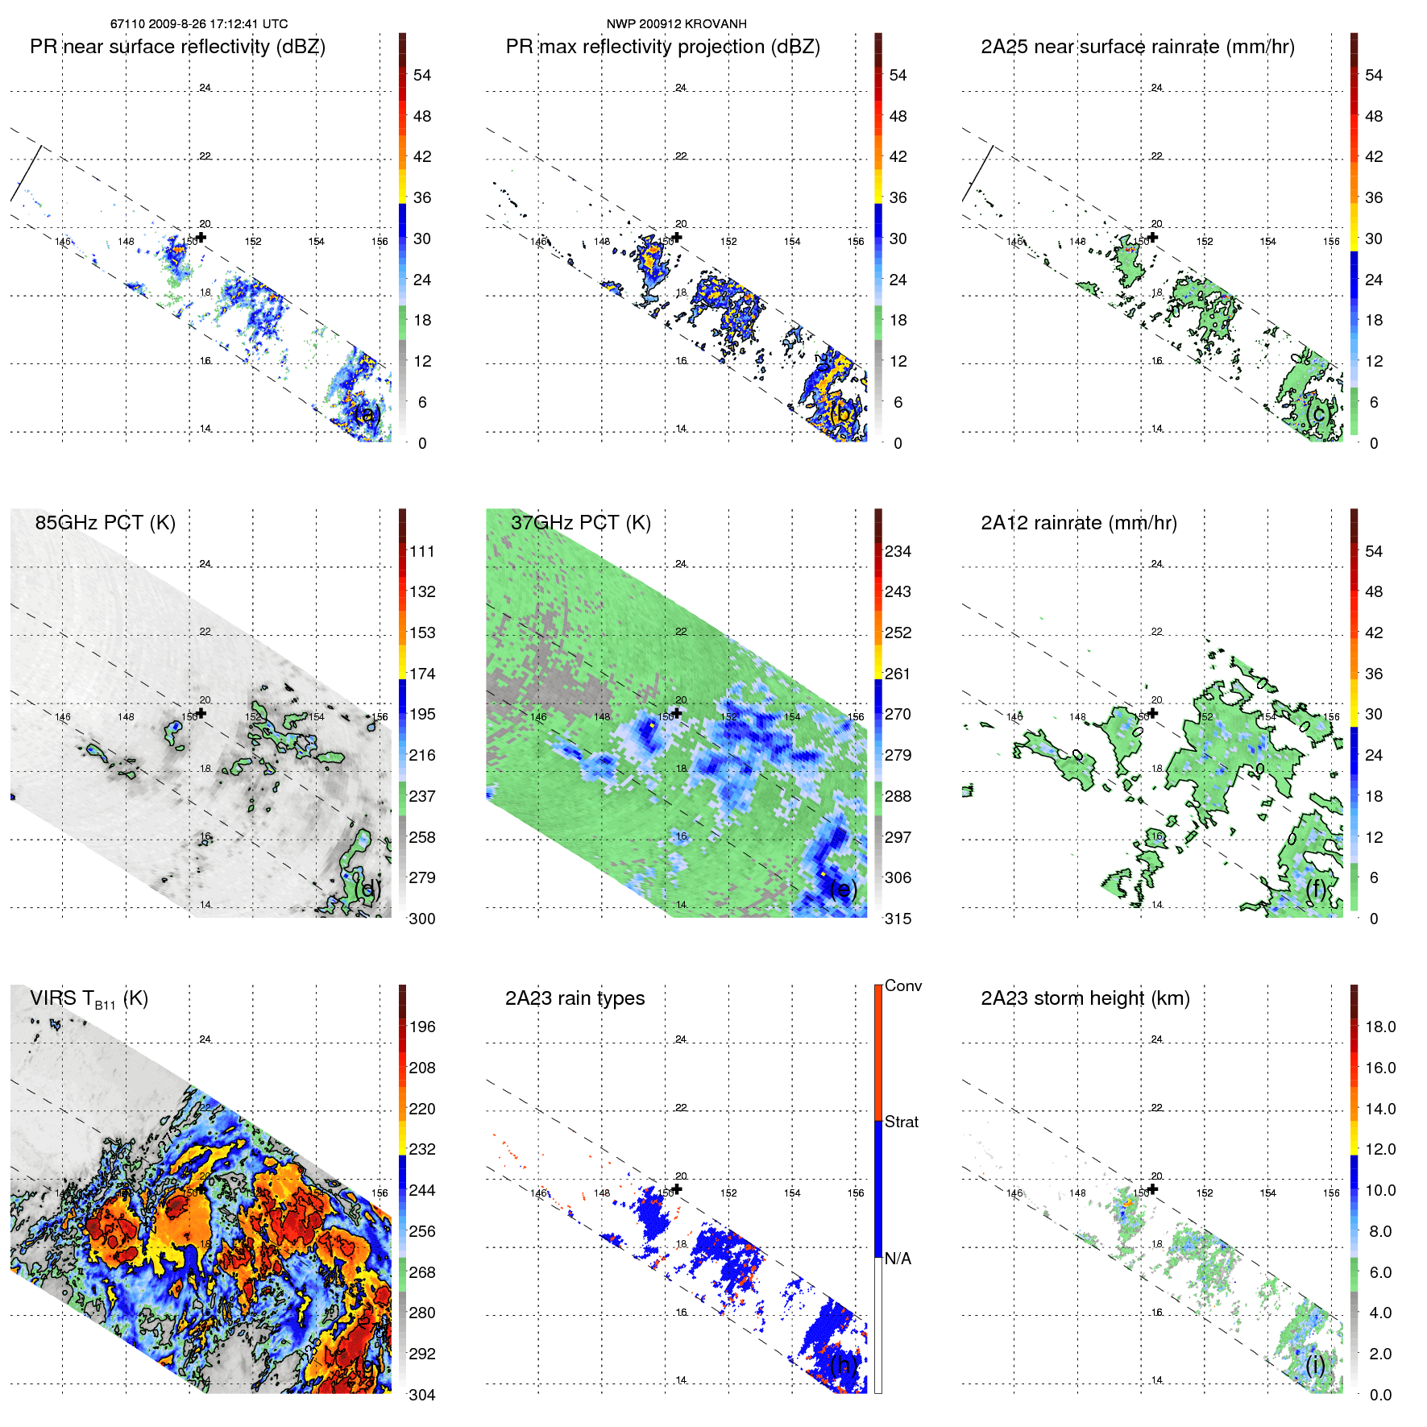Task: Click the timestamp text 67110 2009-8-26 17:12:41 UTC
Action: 199,24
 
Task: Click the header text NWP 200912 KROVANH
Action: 676,24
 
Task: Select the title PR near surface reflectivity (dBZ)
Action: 177,47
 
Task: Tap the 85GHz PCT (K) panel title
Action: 105,523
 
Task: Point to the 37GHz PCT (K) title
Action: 580,523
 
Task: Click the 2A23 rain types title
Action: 575,998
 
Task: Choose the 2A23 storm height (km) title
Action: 1085,998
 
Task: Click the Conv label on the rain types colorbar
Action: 902,985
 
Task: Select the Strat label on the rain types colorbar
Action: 901,1122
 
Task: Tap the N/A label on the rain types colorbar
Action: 898,1259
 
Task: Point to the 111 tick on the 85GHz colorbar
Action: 421,551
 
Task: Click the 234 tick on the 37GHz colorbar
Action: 898,551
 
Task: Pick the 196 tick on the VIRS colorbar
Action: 421,1027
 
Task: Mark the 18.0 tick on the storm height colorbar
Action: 1379,1027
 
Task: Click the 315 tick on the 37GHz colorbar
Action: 898,919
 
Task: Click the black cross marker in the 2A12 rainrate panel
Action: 1153,713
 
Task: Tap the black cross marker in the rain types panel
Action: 677,1188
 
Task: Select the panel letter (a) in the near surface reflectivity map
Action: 367,414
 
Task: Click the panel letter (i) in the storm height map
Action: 1315,1365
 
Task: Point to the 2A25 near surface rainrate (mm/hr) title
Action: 1137,47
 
